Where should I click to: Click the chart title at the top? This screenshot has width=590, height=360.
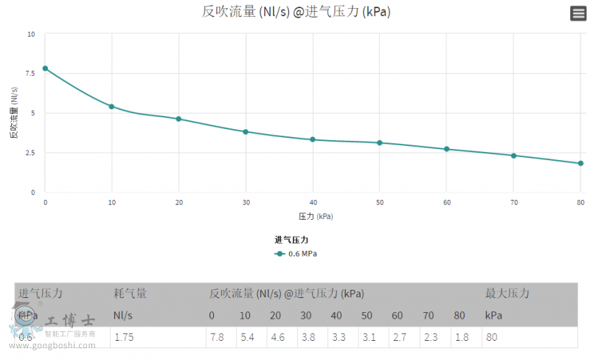[295, 12]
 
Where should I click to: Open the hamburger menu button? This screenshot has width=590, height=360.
[578, 13]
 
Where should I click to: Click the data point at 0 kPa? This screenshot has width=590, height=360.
[45, 69]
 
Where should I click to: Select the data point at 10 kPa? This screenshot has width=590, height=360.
[111, 106]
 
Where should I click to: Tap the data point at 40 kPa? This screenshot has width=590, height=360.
[313, 139]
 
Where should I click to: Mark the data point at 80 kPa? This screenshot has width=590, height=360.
[580, 163]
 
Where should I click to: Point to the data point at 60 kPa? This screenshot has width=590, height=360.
[447, 149]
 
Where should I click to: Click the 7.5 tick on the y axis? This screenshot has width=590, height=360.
[30, 73]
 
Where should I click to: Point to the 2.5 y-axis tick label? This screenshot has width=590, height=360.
[30, 153]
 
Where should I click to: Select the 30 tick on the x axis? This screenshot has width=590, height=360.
[246, 202]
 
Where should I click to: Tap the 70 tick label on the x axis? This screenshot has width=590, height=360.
[513, 202]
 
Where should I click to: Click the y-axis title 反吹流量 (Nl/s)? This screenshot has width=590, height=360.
[13, 113]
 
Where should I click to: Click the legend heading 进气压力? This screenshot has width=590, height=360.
[291, 240]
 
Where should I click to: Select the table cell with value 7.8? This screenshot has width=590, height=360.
[217, 337]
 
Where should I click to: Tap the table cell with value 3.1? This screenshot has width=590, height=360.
[368, 337]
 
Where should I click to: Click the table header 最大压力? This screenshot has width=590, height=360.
[507, 293]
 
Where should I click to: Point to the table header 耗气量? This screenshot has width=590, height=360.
[131, 293]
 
